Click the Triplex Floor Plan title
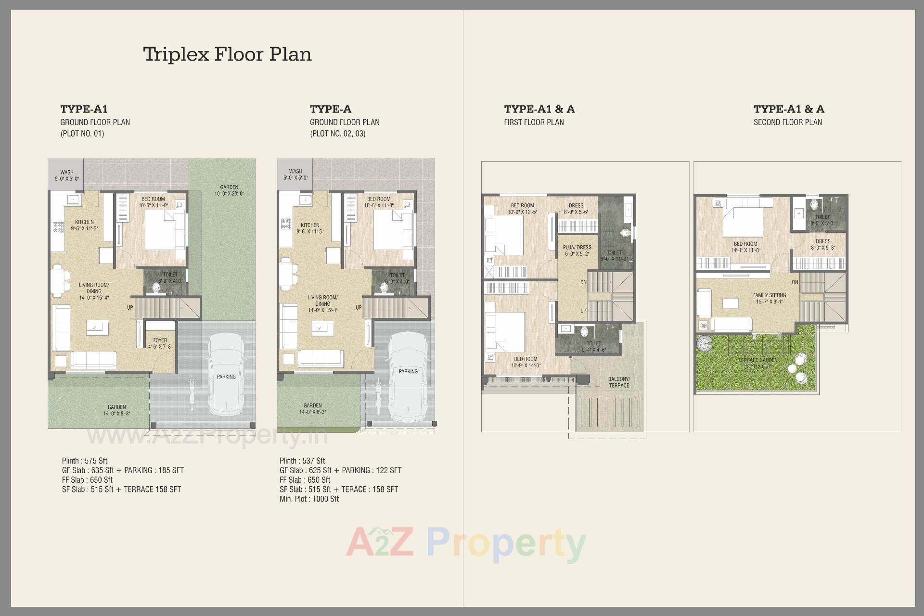coord(227,54)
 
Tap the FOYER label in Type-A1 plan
coord(160,340)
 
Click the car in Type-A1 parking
coord(226,375)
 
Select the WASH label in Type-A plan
coord(295,172)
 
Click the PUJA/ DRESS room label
coord(577,248)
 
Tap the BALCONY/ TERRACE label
coord(619,382)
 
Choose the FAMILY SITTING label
coord(770,296)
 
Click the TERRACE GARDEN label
coord(758,360)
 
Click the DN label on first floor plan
coord(583,282)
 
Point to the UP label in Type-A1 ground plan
coord(130,308)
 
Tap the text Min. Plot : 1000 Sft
coord(309,499)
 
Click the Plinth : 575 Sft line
coord(85,461)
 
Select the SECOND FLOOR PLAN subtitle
coord(788,122)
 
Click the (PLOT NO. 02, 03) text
coord(337,134)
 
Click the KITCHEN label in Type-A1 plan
coord(84,222)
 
